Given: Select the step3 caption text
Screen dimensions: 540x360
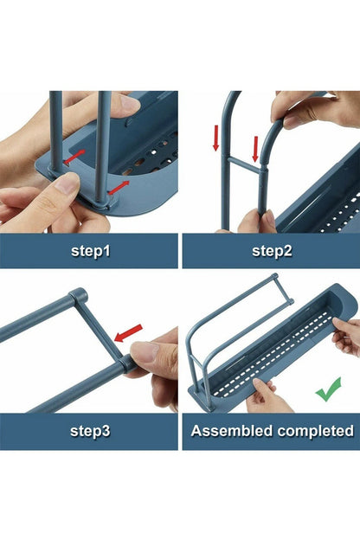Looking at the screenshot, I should (89, 430).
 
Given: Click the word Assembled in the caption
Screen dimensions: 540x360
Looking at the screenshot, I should (229, 430).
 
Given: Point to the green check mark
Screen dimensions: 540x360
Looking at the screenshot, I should (328, 389).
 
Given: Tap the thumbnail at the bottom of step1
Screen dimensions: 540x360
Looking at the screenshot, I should (65, 183).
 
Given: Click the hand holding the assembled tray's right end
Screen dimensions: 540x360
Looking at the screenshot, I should (345, 334).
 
